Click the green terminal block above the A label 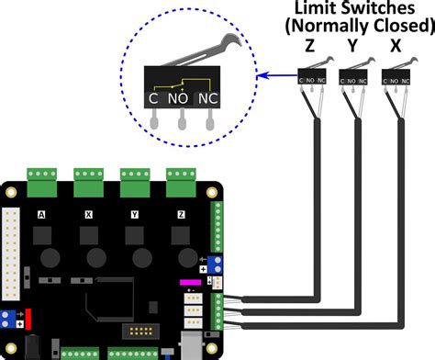[x=40, y=177]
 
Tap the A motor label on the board [x=40, y=213]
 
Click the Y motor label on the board [x=134, y=213]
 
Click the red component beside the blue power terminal [x=28, y=319]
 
